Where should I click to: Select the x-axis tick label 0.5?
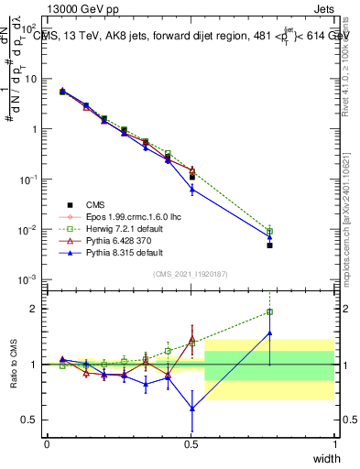(x=191, y=443)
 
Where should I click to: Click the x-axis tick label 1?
(x=334, y=443)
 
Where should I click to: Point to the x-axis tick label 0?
(x=47, y=443)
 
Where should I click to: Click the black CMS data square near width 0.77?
(x=269, y=245)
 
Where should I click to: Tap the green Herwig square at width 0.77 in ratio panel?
(x=269, y=312)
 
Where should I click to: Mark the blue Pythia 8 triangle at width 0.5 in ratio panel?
(x=191, y=409)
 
